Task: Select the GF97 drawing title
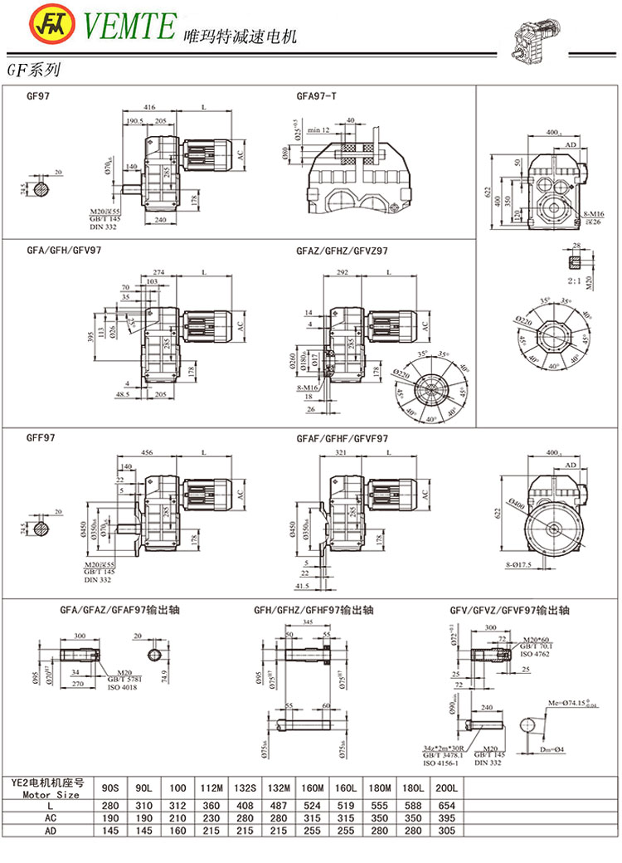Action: point(39,96)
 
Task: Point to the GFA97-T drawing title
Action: point(316,96)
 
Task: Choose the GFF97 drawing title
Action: point(41,437)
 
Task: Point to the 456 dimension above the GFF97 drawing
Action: point(150,452)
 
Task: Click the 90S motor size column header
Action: point(110,786)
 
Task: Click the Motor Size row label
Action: point(53,793)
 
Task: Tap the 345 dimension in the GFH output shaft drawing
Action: point(308,621)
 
